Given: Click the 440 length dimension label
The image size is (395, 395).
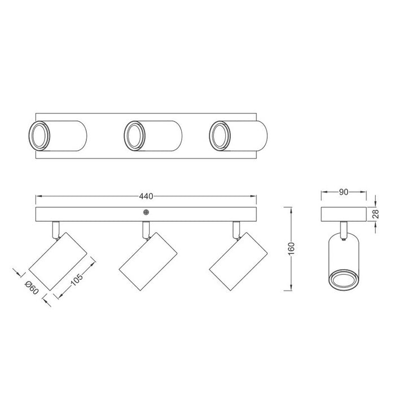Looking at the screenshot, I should coord(146,196).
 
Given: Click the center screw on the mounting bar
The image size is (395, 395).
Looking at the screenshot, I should coord(146,213).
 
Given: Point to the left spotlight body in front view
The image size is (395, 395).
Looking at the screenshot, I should coord(57,261).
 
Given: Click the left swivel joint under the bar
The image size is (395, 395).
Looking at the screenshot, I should coord(55,229).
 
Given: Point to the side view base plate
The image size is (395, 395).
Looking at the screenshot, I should coord(344,214).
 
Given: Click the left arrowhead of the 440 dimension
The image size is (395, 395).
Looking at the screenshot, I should coord(37,196).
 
